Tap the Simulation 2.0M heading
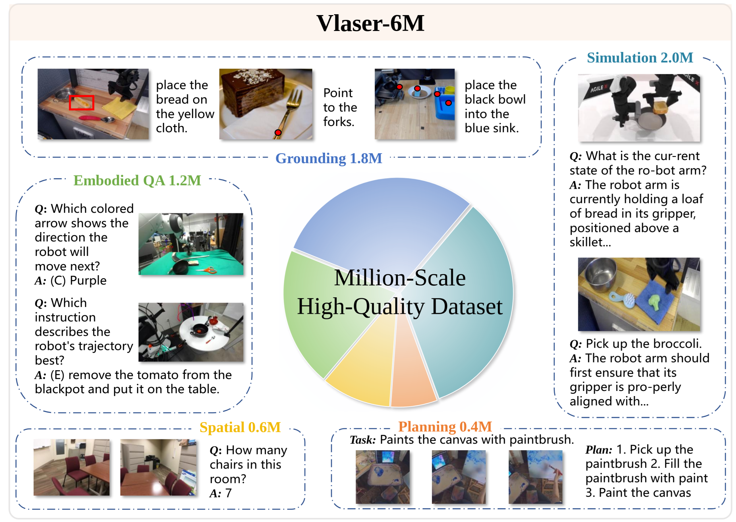pos(639,58)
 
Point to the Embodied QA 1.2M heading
pos(137,181)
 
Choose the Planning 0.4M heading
pos(445,426)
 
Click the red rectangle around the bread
pos(81,103)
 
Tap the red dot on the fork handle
pos(278,132)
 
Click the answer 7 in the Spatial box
pos(228,493)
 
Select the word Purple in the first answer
pos(88,281)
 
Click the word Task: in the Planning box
pos(362,440)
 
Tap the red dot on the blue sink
pos(448,103)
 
